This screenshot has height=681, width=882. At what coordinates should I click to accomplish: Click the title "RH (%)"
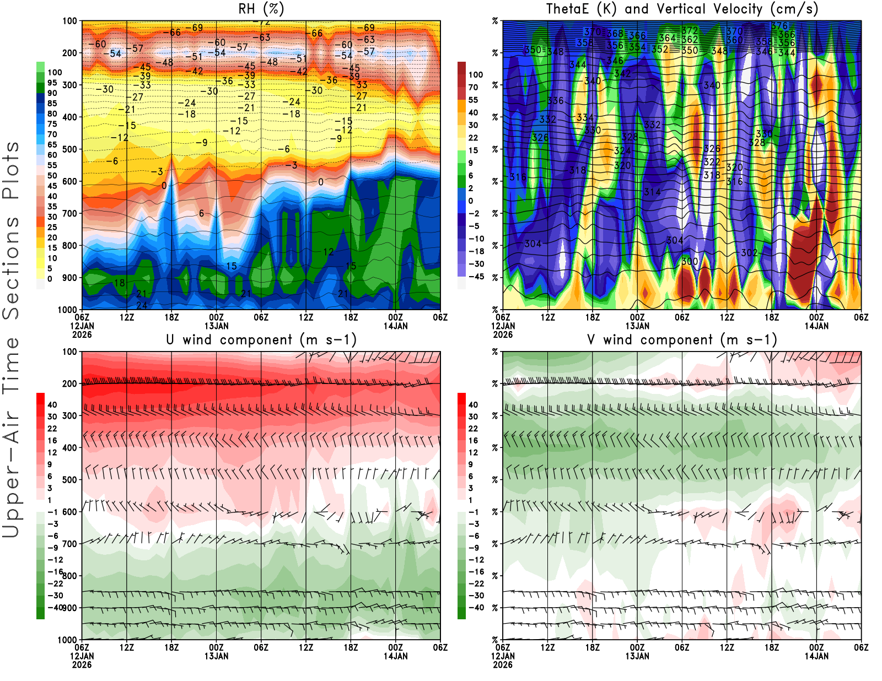point(261,9)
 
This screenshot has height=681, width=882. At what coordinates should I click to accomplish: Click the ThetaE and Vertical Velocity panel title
point(682,9)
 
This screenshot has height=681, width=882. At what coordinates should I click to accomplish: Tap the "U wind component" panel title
point(261,340)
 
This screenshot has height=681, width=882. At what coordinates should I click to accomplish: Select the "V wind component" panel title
point(682,340)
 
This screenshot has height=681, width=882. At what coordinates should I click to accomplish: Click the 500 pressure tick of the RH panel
point(70,149)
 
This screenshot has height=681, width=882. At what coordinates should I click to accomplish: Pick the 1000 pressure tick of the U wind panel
point(68,640)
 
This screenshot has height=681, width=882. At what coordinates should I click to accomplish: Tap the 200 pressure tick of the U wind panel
point(70,383)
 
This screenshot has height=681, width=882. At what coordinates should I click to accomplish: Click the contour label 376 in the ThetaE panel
point(779,26)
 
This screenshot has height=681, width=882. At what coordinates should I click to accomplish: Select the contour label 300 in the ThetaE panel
point(690,261)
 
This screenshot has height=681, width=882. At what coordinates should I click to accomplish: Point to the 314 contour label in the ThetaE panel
point(652,192)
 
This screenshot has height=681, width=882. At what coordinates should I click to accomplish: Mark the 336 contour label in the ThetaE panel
point(556,101)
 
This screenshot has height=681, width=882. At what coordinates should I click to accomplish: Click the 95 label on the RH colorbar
point(52,83)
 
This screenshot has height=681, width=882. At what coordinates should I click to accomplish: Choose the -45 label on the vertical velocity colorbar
point(476,277)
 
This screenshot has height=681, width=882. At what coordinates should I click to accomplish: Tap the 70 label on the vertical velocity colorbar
point(473,87)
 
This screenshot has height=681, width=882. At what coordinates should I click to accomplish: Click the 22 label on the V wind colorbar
point(473,429)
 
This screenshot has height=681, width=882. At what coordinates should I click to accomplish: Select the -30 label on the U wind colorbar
point(55,596)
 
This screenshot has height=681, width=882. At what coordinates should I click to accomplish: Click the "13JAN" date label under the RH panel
point(217,326)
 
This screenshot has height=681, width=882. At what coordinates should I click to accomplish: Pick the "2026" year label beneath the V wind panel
point(503,664)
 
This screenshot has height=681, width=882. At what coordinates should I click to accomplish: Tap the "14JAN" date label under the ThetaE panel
point(816,326)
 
